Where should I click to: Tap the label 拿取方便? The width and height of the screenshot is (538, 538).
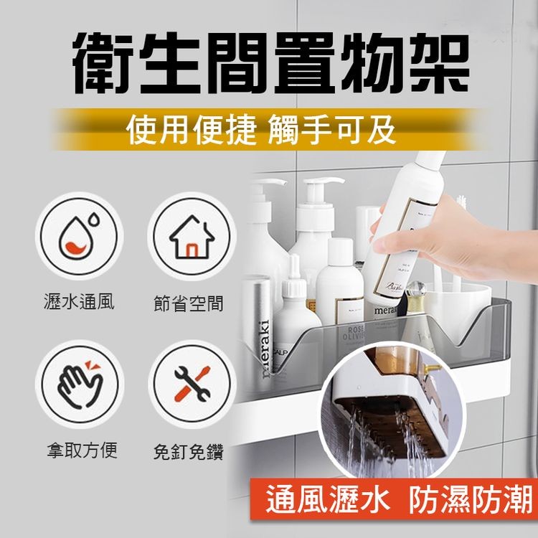pyautogui.click(x=79, y=450)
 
